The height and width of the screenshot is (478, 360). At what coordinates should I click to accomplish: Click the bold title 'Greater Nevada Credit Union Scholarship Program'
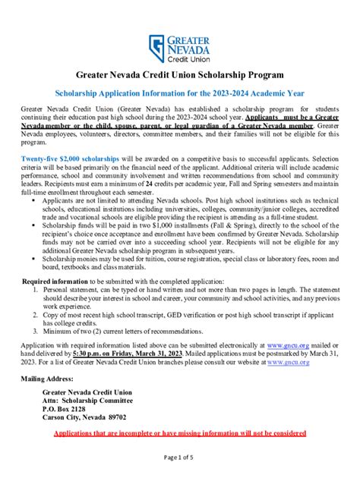[179, 76]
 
